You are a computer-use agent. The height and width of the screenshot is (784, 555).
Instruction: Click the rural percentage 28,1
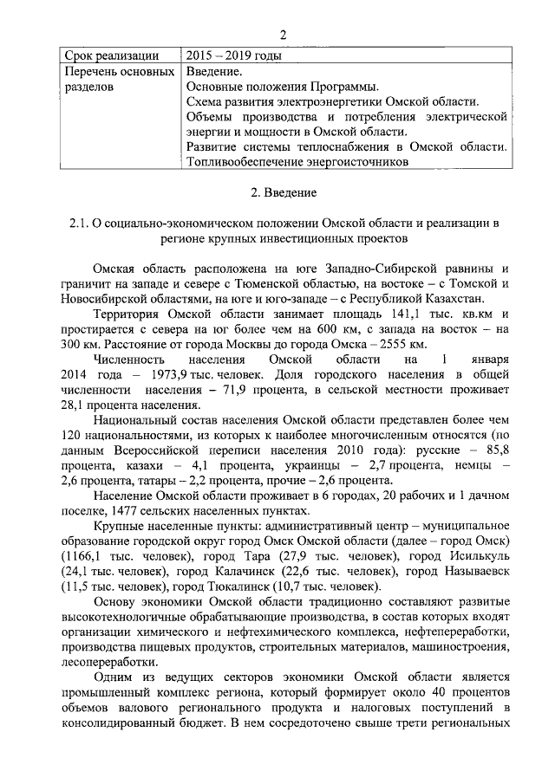point(76,405)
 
